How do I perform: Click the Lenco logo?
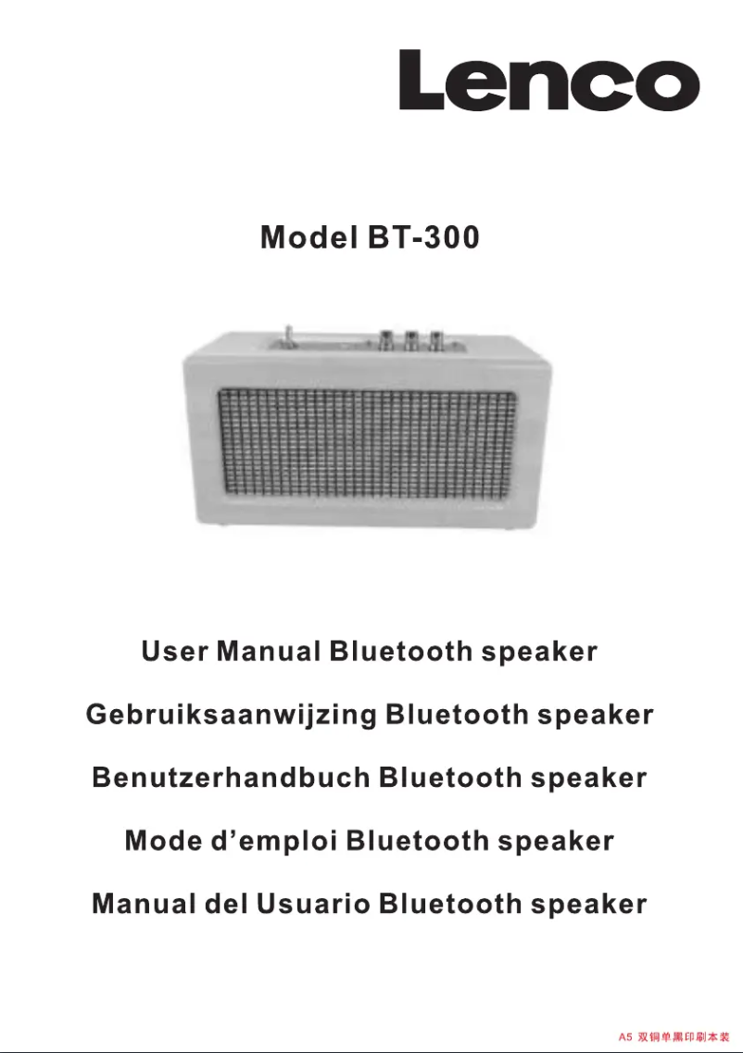pyautogui.click(x=548, y=81)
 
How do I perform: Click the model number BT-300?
pyautogui.click(x=423, y=238)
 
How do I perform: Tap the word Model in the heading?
pyautogui.click(x=309, y=238)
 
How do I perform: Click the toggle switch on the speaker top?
pyautogui.click(x=289, y=336)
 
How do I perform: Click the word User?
pyautogui.click(x=174, y=652)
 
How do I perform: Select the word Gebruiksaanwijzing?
pyautogui.click(x=231, y=716)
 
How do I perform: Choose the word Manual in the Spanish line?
pyautogui.click(x=144, y=904)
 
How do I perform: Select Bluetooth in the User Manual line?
pyautogui.click(x=400, y=652)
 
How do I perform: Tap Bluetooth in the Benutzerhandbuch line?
pyautogui.click(x=450, y=778)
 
